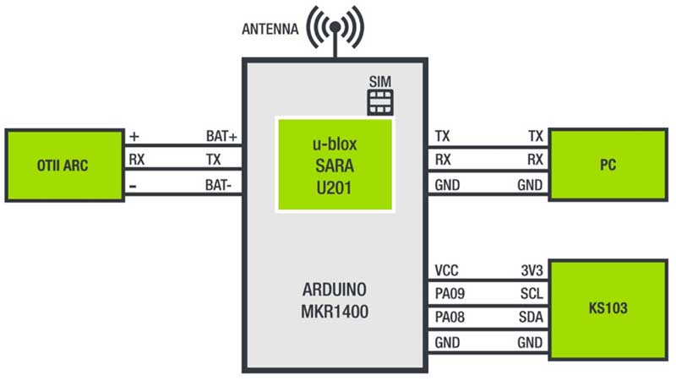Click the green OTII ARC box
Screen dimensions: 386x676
(x=63, y=166)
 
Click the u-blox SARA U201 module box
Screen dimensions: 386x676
(x=335, y=165)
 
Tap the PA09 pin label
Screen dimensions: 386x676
(x=450, y=295)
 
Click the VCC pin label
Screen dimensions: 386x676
(x=447, y=271)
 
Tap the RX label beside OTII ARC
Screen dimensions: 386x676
(x=136, y=160)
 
